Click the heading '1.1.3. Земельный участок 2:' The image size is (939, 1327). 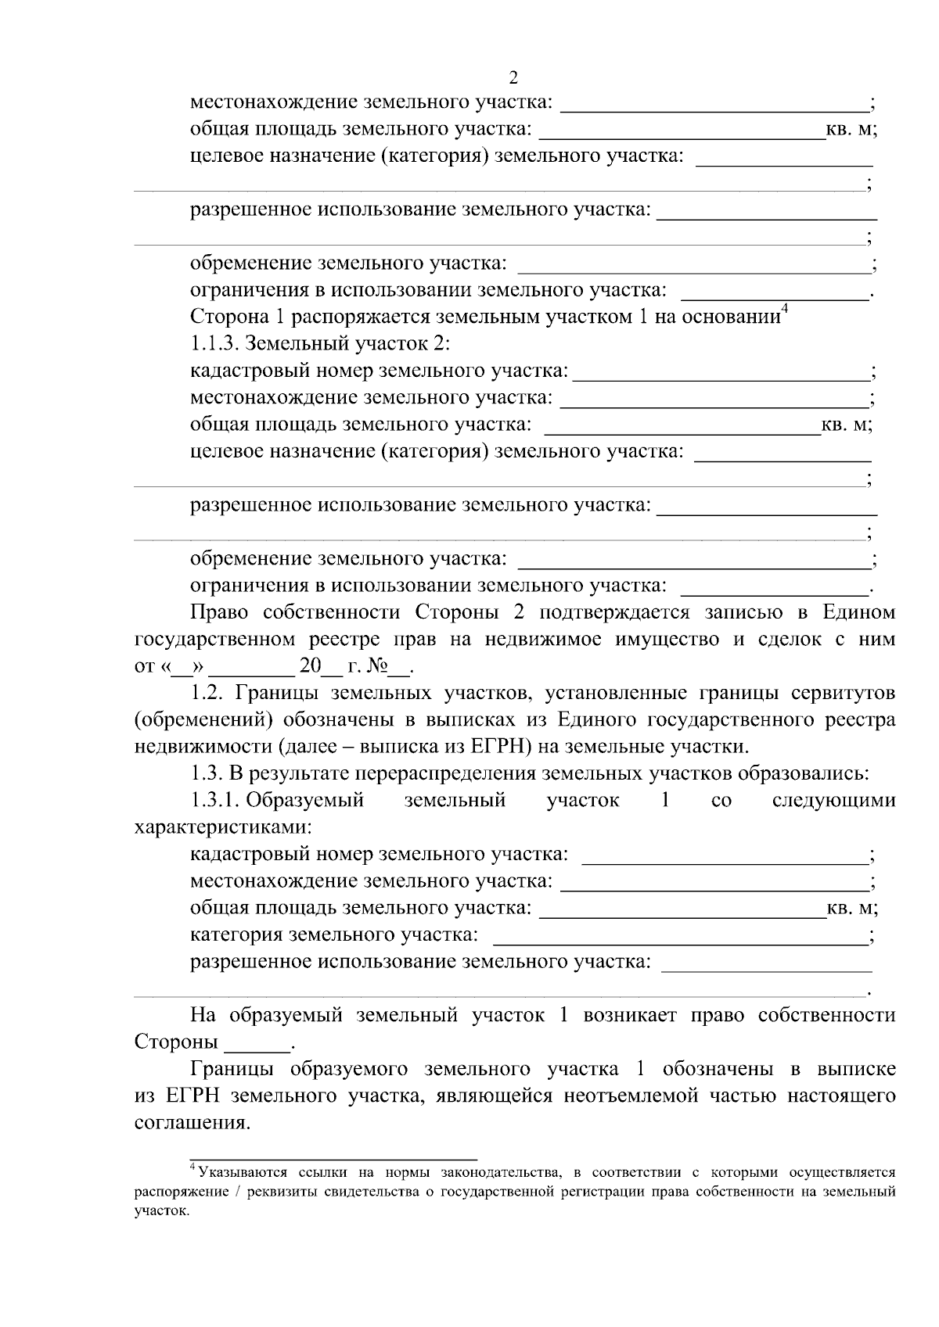click(x=320, y=344)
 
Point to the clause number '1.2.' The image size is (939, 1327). click(x=207, y=693)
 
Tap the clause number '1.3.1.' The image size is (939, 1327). click(x=217, y=801)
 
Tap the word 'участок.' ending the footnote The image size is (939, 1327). click(x=162, y=1210)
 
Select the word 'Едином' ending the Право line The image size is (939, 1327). click(x=858, y=611)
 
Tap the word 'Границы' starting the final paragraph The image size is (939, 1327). click(x=232, y=1069)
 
